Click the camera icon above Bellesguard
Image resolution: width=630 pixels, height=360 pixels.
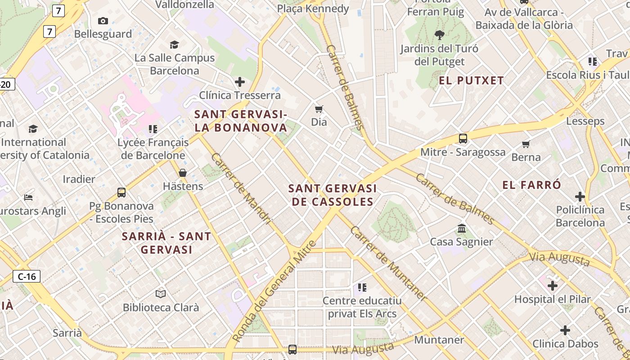(x=103, y=21)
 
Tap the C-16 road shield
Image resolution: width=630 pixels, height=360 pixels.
(x=27, y=276)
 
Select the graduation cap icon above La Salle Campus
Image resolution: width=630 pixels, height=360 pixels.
(x=174, y=45)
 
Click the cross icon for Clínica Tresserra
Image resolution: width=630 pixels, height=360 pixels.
(x=240, y=82)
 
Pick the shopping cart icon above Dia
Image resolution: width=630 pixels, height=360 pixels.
(x=319, y=109)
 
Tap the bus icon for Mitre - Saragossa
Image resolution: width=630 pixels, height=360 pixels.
(x=463, y=139)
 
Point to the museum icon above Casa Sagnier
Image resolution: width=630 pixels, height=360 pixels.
(x=462, y=229)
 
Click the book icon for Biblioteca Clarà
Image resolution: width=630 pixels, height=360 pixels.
(x=161, y=294)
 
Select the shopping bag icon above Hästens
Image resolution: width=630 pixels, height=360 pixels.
(x=183, y=173)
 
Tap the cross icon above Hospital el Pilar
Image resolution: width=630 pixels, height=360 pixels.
(x=553, y=286)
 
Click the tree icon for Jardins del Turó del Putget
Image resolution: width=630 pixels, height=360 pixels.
(x=439, y=35)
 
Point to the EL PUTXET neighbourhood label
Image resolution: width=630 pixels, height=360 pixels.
(x=471, y=81)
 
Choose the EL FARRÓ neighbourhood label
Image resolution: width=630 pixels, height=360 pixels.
(x=531, y=185)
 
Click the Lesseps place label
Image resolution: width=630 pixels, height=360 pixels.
(x=585, y=121)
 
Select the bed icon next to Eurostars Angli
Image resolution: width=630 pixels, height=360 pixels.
(x=28, y=198)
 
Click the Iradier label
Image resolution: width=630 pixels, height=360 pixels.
(x=79, y=179)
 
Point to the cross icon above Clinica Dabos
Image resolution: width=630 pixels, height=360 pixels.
(x=565, y=330)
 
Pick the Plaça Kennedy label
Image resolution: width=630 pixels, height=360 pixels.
(x=313, y=9)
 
